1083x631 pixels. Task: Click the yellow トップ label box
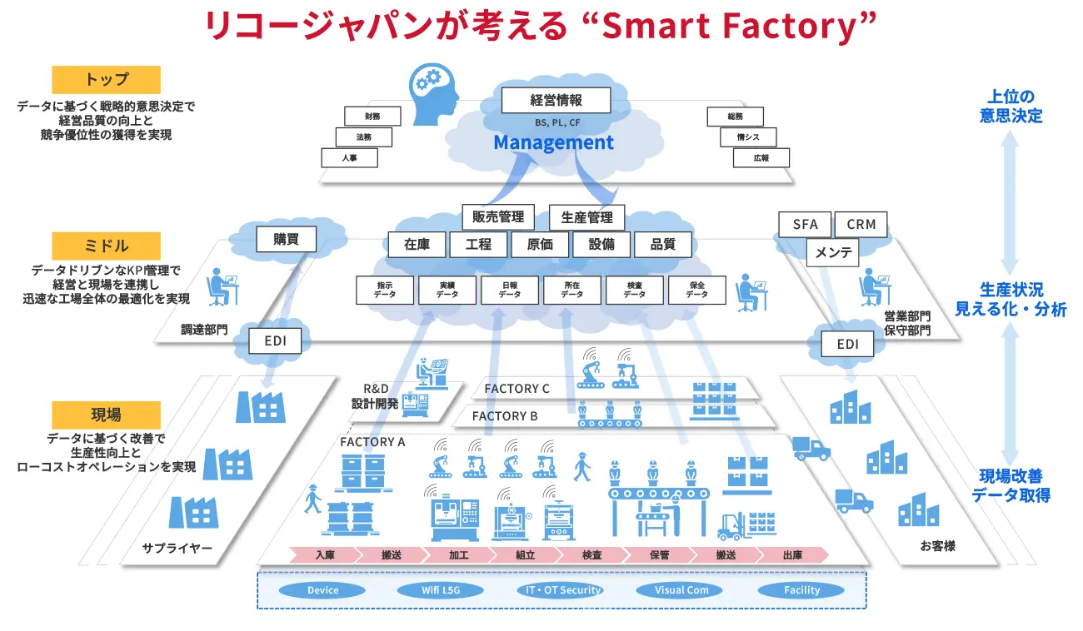(106, 80)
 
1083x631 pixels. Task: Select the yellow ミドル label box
(106, 246)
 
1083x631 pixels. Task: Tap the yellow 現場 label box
(106, 415)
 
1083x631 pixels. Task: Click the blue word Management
(553, 142)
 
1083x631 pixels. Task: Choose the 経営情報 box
(556, 101)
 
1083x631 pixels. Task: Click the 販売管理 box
(497, 217)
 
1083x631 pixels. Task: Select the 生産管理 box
(586, 217)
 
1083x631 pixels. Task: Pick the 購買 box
(287, 240)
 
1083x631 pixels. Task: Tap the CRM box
(861, 224)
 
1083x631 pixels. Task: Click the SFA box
(805, 224)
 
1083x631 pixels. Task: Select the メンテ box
(833, 252)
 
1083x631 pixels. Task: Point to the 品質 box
(662, 245)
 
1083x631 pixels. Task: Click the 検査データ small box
(634, 289)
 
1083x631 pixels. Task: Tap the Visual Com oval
(681, 590)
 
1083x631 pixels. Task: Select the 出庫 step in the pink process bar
(791, 555)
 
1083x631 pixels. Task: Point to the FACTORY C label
(517, 389)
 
